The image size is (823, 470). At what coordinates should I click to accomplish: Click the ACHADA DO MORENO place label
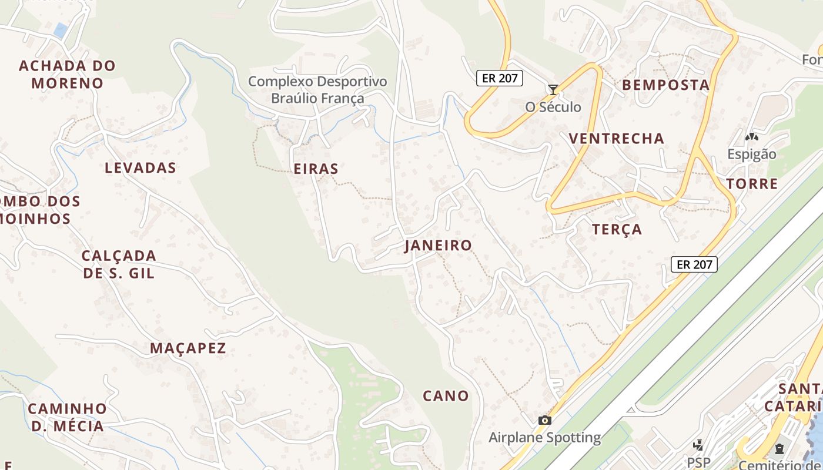(x=67, y=74)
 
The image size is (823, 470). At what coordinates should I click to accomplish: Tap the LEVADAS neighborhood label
(x=140, y=168)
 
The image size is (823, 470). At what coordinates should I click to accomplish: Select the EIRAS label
(x=316, y=169)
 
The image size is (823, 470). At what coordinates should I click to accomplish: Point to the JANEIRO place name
(x=438, y=246)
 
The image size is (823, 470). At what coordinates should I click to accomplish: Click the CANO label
(x=446, y=396)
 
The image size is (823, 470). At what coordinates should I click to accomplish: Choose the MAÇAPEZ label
(x=188, y=348)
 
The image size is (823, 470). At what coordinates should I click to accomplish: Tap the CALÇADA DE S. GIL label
(x=119, y=264)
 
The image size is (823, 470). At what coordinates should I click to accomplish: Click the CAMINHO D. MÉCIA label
(x=67, y=417)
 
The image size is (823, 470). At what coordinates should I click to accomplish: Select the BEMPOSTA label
(x=665, y=85)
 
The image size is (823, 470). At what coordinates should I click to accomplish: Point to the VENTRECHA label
(x=616, y=139)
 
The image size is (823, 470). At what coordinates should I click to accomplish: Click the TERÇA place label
(x=617, y=230)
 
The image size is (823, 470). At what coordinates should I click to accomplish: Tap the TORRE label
(x=752, y=184)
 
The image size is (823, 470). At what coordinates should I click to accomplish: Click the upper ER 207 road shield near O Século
(x=499, y=78)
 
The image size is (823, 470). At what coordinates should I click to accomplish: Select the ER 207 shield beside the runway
(x=694, y=264)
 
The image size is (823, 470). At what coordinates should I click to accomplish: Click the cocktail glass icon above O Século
(x=553, y=90)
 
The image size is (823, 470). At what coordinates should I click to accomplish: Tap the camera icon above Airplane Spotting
(x=544, y=420)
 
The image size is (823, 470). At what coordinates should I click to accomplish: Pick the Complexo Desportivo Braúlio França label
(x=317, y=90)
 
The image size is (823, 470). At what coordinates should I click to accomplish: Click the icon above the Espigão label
(x=751, y=137)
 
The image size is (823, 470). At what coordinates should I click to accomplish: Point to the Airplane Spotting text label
(x=544, y=438)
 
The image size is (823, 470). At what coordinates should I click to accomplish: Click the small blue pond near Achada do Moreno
(x=60, y=30)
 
